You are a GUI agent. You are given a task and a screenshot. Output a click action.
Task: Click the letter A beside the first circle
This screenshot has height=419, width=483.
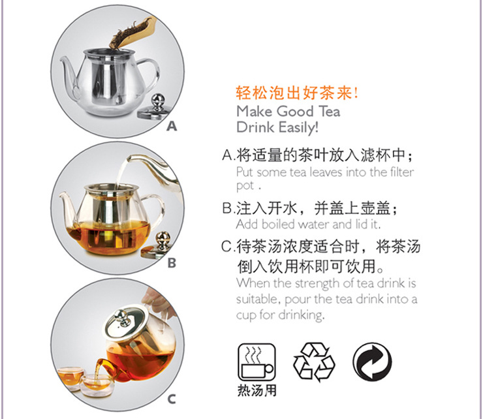pyautogui.click(x=172, y=126)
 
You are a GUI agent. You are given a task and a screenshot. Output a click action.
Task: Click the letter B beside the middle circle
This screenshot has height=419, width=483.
pyautogui.click(x=172, y=263)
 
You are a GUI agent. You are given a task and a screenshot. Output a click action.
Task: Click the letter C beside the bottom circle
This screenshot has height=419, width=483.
pyautogui.click(x=172, y=399)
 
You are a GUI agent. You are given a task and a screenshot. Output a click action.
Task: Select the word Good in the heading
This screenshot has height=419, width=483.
pyautogui.click(x=295, y=111)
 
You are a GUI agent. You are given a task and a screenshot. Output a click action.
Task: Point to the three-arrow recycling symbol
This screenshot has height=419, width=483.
pyautogui.click(x=314, y=362)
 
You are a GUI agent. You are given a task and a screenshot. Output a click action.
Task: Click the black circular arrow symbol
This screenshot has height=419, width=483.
pyautogui.click(x=372, y=362)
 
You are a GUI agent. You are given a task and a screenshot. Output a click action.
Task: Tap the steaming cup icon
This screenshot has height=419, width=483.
pyautogui.click(x=257, y=362)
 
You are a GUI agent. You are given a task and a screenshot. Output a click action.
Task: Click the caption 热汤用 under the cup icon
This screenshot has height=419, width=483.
pyautogui.click(x=257, y=390)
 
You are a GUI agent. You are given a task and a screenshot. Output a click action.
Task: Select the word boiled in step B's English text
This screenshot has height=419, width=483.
pyautogui.click(x=278, y=225)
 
